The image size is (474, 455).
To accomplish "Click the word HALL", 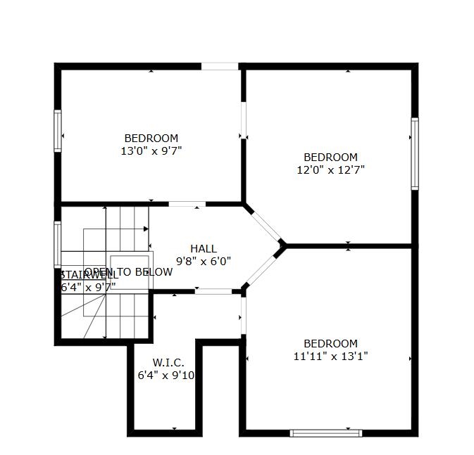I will point(203,248).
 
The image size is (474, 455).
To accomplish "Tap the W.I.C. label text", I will point(168,362).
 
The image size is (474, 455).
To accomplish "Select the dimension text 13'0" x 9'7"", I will point(151,150).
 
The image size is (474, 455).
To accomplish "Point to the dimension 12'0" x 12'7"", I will point(330,169).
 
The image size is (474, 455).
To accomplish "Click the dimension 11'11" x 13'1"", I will point(330,356).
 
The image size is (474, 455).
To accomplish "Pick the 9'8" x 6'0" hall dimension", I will point(203,261).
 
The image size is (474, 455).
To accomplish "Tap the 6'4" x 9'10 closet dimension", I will point(166,375).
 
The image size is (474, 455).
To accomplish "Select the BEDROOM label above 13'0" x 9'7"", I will point(151,138).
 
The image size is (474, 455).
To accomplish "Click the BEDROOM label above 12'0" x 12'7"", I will point(330,157).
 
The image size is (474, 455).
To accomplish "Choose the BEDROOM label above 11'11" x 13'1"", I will point(330,343).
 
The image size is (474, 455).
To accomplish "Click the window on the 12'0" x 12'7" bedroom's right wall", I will point(415,153).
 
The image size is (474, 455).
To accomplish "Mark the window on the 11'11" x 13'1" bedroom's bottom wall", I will point(326,432).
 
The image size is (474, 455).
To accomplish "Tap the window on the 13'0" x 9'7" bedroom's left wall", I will point(58,130).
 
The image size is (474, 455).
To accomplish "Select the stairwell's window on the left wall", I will point(58,244).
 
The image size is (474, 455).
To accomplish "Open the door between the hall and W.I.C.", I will point(213,291).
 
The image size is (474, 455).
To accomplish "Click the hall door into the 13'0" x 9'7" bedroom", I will point(187,204).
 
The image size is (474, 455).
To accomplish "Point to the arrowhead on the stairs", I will point(146,229).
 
